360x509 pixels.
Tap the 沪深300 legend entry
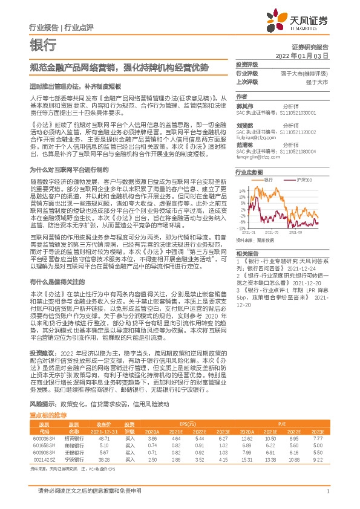click(304, 180)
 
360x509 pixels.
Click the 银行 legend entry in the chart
click(270, 180)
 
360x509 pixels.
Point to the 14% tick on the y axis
click(243, 190)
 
